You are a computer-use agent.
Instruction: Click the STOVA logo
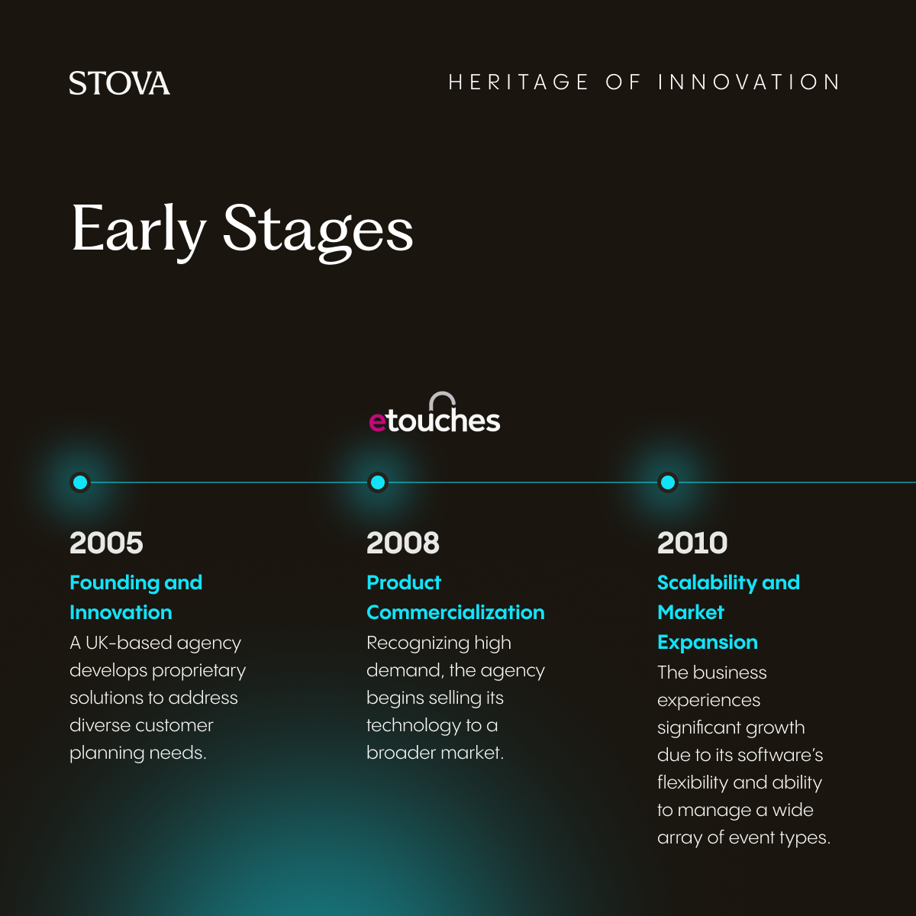point(119,83)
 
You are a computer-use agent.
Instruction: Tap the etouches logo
point(434,417)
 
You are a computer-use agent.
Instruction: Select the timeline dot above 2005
point(80,482)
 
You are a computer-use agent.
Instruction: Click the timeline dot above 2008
point(377,482)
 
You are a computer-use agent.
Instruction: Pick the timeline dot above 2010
point(668,482)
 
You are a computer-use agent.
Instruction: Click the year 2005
point(106,543)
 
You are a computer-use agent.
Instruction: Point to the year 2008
point(403,543)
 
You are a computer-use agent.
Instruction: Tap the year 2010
point(692,543)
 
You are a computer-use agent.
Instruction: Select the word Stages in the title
point(318,229)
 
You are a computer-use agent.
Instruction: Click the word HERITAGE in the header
point(518,82)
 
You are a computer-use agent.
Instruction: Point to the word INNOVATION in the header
point(749,82)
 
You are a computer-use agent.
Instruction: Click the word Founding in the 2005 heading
point(114,582)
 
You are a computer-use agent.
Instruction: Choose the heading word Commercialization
point(456,612)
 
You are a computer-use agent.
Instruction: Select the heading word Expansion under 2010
point(708,642)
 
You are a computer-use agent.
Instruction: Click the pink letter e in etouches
point(377,421)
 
